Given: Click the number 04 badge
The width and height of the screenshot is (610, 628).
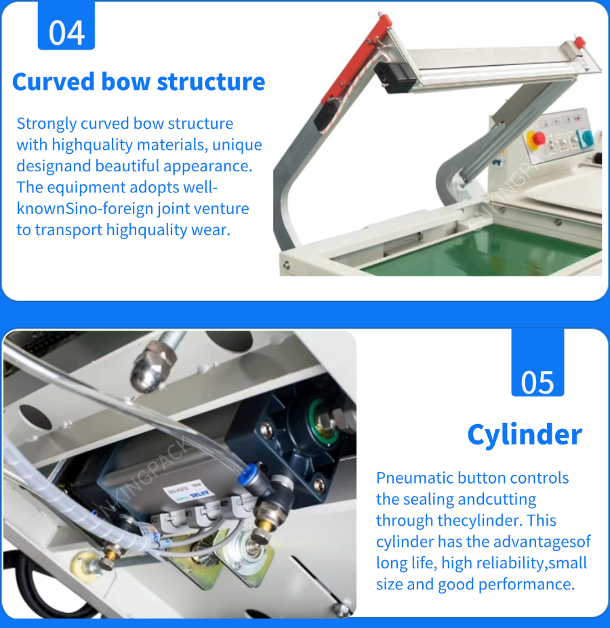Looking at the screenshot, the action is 66,26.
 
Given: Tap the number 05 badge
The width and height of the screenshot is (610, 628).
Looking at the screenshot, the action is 537,363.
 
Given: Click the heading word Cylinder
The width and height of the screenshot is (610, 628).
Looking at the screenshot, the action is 525,435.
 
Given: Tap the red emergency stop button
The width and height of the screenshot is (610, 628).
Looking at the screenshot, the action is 536,139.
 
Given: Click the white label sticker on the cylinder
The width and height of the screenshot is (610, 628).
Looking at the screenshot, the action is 188,493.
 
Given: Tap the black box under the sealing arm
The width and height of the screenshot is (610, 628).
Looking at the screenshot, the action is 394,77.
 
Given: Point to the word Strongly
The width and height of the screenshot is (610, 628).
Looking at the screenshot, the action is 47,124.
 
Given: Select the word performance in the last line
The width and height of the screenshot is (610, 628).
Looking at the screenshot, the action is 527,585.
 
